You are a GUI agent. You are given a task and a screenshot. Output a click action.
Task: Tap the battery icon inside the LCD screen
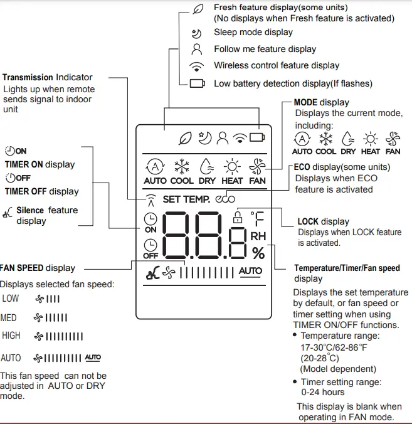[x=256, y=137]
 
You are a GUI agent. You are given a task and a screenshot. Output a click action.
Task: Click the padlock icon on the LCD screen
[x=238, y=218]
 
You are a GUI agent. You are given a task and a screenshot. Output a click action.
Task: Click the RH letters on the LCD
[x=258, y=236]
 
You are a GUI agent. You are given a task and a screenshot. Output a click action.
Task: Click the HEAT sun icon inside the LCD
[x=233, y=167]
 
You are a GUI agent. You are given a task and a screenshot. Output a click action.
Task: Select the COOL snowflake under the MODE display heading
[x=325, y=139]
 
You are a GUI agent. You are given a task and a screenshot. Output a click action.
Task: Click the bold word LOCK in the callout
[x=308, y=222]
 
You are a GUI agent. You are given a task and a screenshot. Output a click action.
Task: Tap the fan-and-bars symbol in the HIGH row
[x=59, y=337]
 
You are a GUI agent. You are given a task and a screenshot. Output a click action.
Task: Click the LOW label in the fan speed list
[x=11, y=299]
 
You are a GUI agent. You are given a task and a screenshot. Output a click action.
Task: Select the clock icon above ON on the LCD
[x=151, y=218]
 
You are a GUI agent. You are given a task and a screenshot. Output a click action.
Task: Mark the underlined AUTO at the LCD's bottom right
[x=251, y=271]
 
